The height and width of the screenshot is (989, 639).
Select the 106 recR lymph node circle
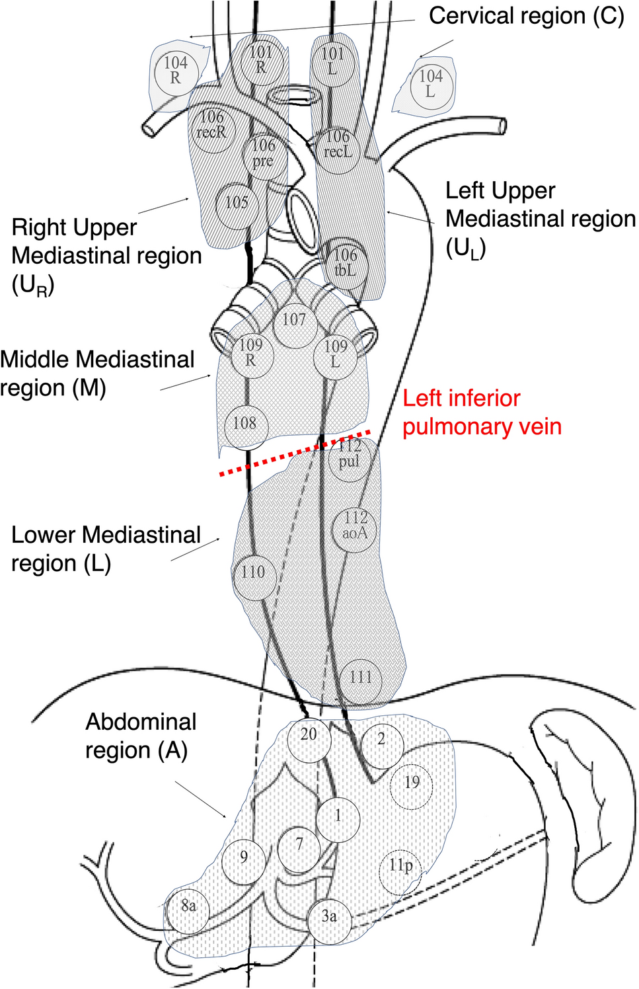(x=212, y=131)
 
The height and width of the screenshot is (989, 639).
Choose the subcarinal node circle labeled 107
(x=295, y=326)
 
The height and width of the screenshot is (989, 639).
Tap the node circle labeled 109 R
(x=252, y=356)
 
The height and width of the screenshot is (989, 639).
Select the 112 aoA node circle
(x=356, y=530)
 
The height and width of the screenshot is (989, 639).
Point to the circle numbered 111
(x=361, y=682)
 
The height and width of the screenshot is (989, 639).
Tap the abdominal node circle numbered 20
(x=309, y=746)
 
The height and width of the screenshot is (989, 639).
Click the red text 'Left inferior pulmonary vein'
(x=482, y=413)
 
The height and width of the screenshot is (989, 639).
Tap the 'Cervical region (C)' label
(x=527, y=17)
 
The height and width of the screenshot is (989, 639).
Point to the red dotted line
(x=295, y=453)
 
